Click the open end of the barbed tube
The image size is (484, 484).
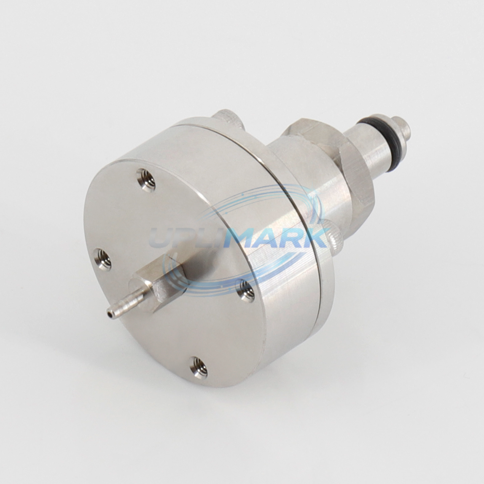coord(108,314)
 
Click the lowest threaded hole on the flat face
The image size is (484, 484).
coord(198,367)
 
